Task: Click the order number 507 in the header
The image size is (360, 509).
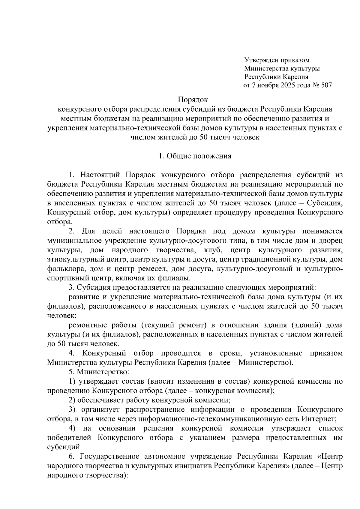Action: [x=326, y=85]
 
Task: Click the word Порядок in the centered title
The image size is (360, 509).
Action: [x=193, y=99]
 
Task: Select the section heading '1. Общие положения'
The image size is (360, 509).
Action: [x=195, y=156]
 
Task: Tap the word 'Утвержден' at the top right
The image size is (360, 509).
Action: [x=259, y=60]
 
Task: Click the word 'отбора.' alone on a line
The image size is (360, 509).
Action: [x=60, y=222]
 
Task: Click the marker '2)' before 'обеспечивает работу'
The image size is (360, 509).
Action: [x=72, y=400]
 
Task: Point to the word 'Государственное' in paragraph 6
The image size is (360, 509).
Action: [x=109, y=457]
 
